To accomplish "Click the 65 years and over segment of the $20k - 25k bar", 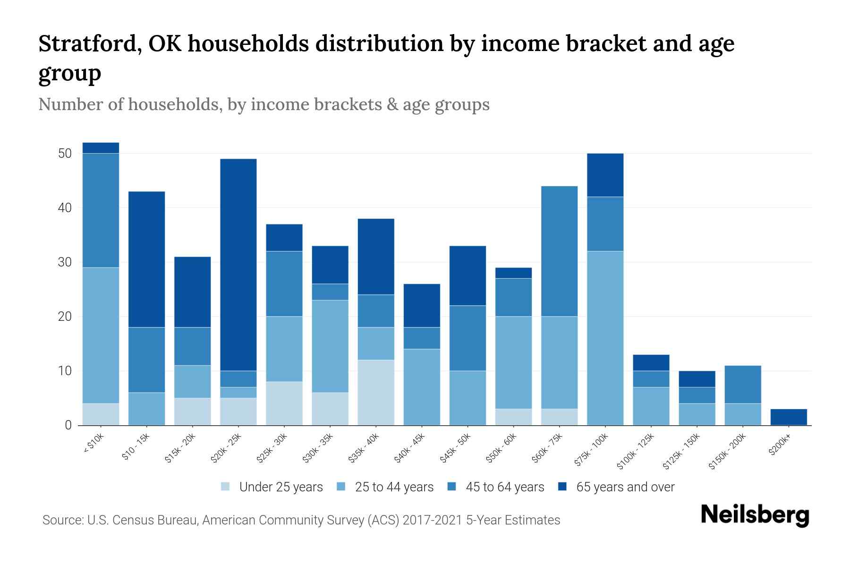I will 238,265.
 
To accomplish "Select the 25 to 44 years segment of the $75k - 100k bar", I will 605,338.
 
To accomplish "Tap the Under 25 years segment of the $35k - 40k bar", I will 376,392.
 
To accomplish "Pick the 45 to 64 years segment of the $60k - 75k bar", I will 559,251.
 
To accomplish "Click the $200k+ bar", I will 788,417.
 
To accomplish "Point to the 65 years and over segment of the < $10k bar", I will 101,148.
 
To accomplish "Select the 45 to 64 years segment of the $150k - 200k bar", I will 742,384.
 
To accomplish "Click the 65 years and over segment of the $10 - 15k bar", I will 146,259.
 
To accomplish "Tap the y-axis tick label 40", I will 65,208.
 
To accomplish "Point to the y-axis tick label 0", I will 68,425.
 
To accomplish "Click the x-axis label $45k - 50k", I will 456,448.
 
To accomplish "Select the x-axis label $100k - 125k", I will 636,451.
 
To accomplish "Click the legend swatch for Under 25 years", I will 226,487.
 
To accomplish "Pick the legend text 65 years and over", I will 625,487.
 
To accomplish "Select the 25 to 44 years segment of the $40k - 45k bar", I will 422,387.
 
